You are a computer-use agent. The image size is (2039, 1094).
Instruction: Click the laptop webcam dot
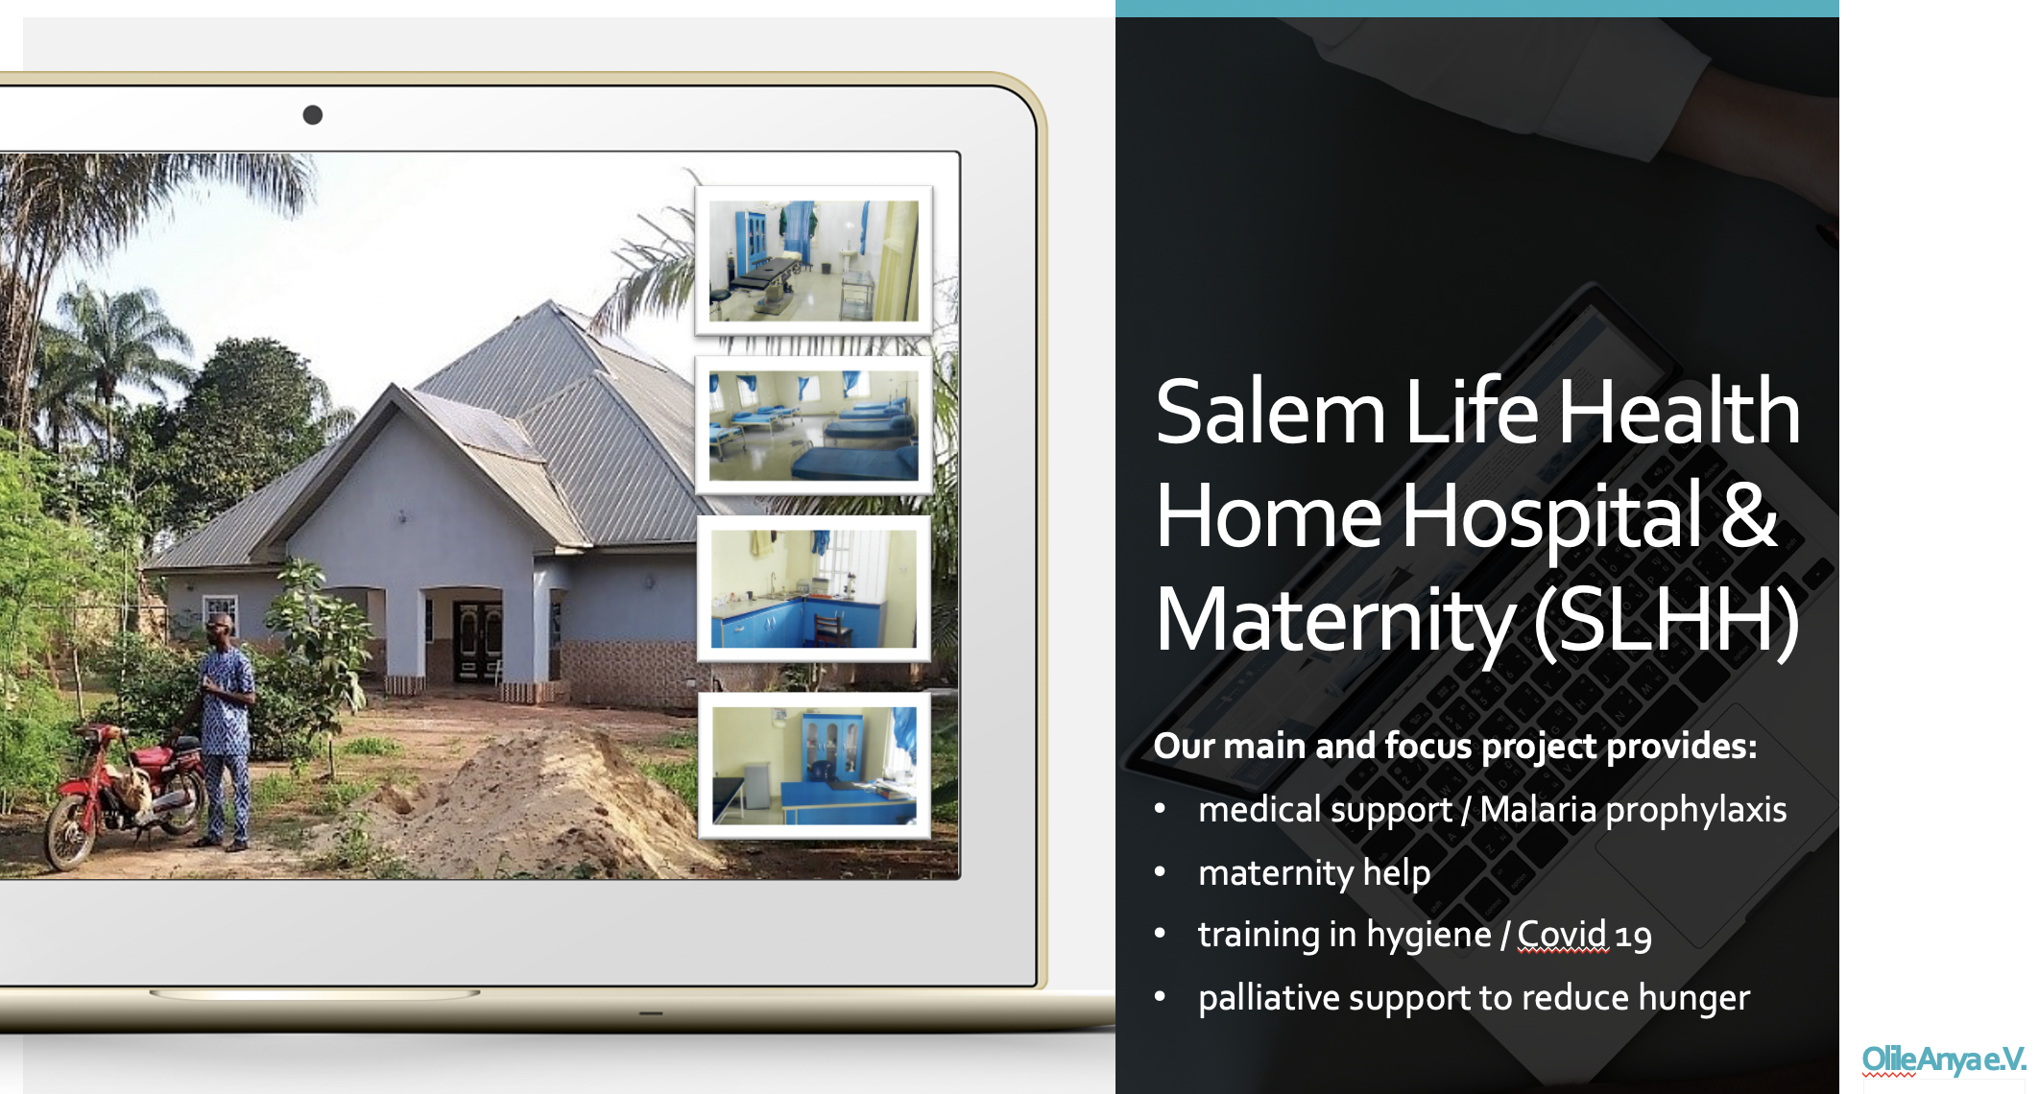312,115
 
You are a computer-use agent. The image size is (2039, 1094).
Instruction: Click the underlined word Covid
1562,934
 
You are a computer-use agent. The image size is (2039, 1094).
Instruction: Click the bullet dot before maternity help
1160,872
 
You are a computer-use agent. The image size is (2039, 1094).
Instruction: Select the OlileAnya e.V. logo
1943,1059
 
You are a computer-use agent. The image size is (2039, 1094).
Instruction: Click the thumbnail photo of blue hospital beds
813,426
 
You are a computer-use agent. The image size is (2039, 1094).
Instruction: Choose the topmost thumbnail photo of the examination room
813,260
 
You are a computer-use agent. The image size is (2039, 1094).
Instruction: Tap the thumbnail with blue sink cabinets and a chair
813,588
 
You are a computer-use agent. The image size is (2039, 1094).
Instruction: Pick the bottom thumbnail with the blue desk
814,766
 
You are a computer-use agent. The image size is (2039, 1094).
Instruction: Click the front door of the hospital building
477,640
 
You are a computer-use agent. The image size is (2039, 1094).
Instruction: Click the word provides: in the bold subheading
1682,747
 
